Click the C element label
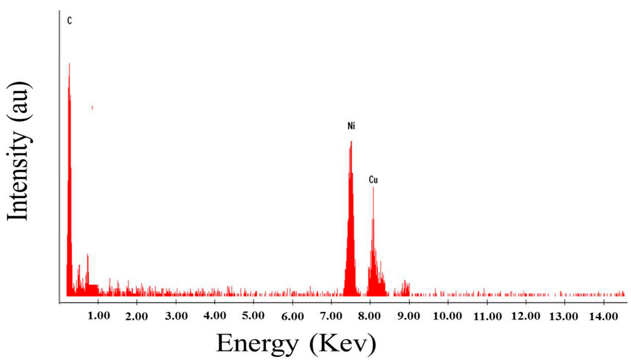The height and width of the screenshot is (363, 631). pyautogui.click(x=69, y=21)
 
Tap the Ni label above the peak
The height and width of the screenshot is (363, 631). pyautogui.click(x=351, y=126)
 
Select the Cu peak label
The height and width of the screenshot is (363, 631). pyautogui.click(x=373, y=180)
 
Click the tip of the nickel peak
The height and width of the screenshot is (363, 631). pyautogui.click(x=351, y=142)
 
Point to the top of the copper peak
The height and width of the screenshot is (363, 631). pyautogui.click(x=373, y=188)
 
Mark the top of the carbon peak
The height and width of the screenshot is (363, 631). pyautogui.click(x=69, y=64)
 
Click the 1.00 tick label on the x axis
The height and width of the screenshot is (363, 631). pyautogui.click(x=99, y=316)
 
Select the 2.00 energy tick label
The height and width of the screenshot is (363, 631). pyautogui.click(x=136, y=317)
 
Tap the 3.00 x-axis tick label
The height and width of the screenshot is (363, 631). pyautogui.click(x=176, y=316)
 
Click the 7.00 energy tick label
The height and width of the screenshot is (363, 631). pyautogui.click(x=331, y=316)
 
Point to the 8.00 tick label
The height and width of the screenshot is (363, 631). pyautogui.click(x=369, y=316)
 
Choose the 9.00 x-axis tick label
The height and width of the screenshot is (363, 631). pyautogui.click(x=408, y=316)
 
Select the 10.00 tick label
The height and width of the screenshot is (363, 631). pyautogui.click(x=447, y=316)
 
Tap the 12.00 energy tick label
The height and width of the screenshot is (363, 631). pyautogui.click(x=525, y=316)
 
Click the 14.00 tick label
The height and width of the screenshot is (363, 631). pyautogui.click(x=603, y=317)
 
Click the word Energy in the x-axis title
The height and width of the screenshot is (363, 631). pyautogui.click(x=257, y=344)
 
